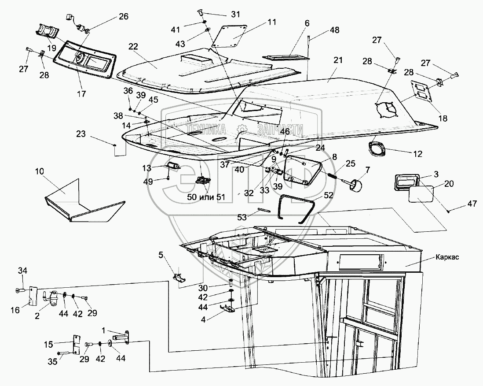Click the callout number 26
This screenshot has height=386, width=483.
(x=123, y=17)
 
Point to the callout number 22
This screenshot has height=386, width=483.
(x=133, y=46)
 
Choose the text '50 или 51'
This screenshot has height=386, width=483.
(x=206, y=197)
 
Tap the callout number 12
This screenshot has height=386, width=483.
(x=417, y=154)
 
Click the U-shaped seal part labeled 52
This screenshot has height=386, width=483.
(x=298, y=209)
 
